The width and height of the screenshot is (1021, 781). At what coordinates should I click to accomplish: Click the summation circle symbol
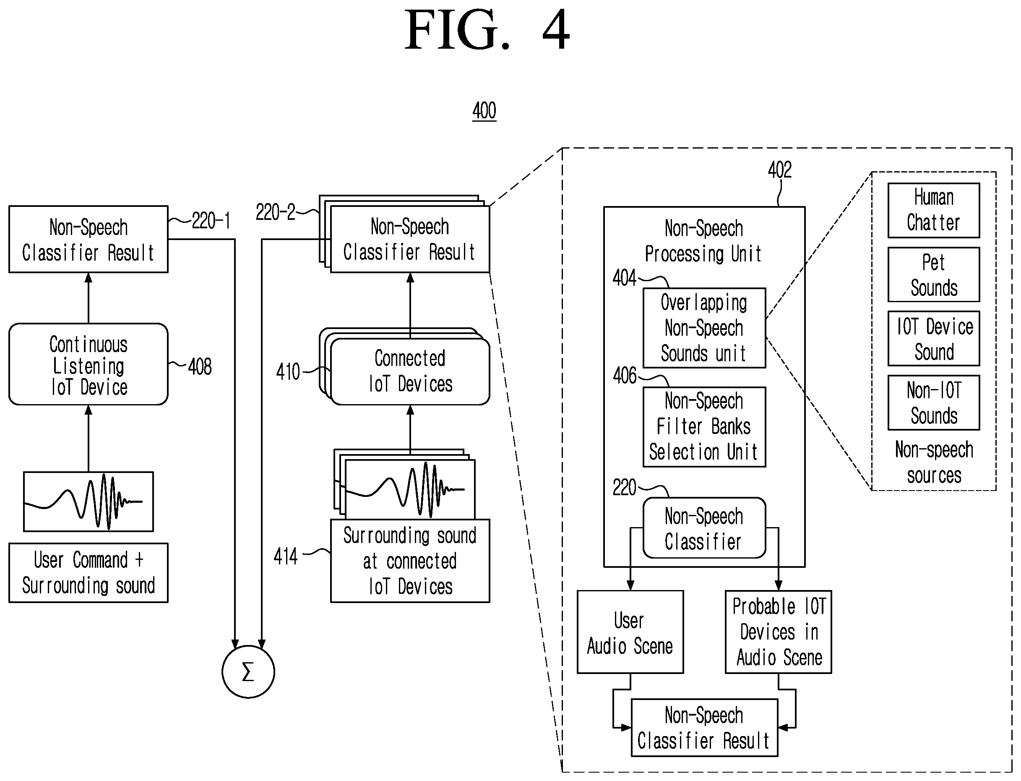pos(248,671)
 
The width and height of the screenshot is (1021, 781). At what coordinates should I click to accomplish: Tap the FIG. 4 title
pos(487,30)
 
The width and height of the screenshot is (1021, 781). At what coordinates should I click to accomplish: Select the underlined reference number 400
pos(484,111)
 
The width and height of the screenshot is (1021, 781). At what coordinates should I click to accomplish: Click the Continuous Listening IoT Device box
pos(88,364)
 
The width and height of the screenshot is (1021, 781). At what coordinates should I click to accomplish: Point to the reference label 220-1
pos(211,220)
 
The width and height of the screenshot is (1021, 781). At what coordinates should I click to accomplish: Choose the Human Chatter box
pos(934,210)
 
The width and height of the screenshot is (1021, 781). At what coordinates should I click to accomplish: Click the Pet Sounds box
pos(934,274)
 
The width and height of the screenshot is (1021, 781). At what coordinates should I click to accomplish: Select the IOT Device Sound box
pos(934,338)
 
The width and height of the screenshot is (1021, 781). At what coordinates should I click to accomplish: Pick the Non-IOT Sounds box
pos(934,402)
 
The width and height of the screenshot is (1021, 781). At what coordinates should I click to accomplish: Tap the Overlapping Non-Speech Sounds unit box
pos(704,328)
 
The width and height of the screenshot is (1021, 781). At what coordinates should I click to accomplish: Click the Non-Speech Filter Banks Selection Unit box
pos(704,427)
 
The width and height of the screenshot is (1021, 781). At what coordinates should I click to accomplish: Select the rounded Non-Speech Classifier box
pos(704,528)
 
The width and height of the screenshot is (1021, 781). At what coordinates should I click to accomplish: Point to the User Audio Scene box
pos(630,632)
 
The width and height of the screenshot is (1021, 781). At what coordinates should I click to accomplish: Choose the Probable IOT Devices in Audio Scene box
pos(779,632)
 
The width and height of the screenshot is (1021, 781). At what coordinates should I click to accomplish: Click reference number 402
pos(780,170)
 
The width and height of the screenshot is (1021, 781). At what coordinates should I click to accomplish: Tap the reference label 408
pos(200,366)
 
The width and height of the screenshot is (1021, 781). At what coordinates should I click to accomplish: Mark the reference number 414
pos(285,556)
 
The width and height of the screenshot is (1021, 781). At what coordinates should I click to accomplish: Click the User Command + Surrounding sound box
pos(88,573)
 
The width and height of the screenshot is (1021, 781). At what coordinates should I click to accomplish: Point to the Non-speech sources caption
pos(934,462)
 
